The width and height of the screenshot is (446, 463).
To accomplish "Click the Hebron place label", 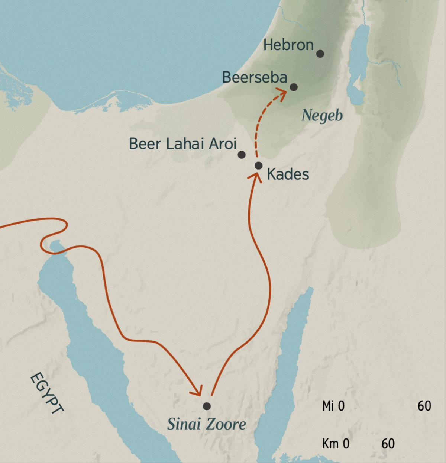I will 288,45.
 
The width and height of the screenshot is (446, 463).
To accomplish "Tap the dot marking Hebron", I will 320,54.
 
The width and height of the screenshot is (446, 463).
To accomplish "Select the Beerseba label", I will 255,77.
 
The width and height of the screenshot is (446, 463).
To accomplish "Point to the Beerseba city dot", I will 294,87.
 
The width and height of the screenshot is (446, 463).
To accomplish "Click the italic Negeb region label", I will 322,115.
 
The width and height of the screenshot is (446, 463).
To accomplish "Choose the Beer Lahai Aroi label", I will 182,144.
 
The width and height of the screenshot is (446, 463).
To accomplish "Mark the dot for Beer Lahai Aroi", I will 242,155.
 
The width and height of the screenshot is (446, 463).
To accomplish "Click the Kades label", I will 288,174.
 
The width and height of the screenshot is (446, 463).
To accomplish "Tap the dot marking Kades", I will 259,165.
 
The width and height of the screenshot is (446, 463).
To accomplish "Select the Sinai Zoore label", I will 206,424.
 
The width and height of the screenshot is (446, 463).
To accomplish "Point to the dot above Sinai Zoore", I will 207,406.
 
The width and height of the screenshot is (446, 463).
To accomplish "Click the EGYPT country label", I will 46,393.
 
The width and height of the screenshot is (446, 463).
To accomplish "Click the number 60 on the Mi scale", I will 424,406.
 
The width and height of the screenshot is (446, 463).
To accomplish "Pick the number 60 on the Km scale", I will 388,444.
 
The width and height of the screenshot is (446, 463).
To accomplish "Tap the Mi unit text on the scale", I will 327,406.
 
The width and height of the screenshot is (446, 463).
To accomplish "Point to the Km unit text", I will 330,444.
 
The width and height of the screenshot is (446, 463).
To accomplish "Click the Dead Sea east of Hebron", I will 359,63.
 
